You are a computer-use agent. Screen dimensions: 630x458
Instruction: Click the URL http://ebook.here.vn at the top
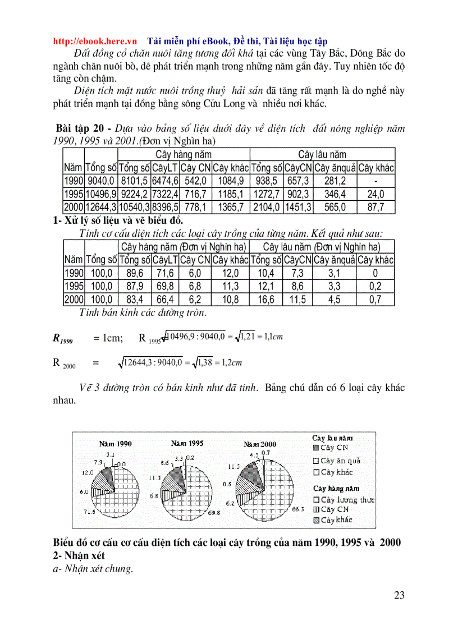(95, 42)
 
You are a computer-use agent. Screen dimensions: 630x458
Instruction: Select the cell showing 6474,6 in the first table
(165, 181)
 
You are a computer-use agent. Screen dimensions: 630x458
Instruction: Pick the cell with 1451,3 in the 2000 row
(298, 208)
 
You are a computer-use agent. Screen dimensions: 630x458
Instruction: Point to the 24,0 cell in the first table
(375, 194)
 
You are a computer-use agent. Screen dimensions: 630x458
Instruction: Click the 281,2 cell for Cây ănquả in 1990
(335, 181)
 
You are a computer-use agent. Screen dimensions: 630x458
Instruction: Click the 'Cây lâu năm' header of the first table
(322, 154)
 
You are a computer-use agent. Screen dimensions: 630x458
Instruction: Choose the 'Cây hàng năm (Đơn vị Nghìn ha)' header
(183, 247)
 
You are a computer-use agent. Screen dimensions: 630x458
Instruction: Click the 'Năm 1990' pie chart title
(116, 443)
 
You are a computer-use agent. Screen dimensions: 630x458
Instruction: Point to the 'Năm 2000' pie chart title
(260, 444)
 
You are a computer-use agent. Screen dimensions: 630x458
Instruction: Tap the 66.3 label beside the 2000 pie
(297, 509)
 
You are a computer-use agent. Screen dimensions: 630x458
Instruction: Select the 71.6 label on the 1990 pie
(89, 512)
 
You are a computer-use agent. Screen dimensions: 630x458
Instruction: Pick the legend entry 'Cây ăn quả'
(340, 461)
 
